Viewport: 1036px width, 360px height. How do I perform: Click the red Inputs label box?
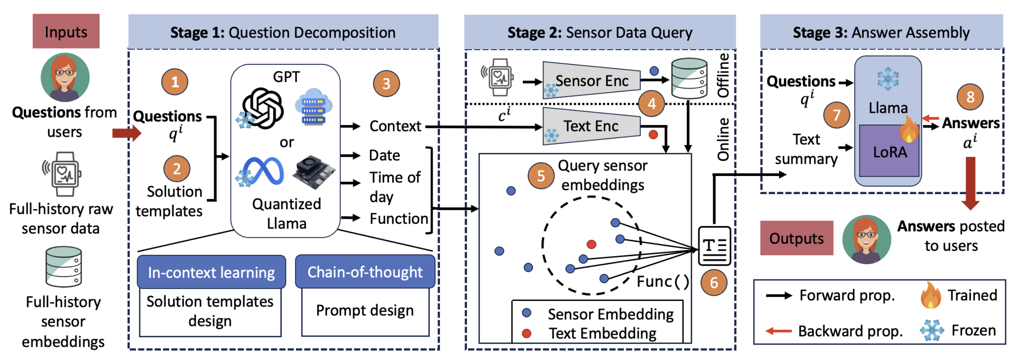click(x=66, y=32)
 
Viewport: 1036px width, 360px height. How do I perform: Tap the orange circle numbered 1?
click(x=174, y=82)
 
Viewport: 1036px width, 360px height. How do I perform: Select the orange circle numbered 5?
click(x=541, y=176)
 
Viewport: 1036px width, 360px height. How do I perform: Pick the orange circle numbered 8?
click(x=970, y=97)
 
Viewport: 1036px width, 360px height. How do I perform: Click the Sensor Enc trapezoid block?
click(x=591, y=81)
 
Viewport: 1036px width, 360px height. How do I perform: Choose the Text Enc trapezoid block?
click(x=591, y=126)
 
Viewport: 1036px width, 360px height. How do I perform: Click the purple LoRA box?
click(x=889, y=152)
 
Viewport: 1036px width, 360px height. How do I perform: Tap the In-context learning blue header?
click(x=211, y=272)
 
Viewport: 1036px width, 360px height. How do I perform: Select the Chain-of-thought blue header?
click(x=365, y=272)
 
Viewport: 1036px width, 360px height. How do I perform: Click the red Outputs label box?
click(x=796, y=238)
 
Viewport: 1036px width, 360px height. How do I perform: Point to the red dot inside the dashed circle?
click(x=591, y=244)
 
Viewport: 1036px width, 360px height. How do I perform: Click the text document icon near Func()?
click(x=714, y=246)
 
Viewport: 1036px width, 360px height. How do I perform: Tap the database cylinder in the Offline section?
click(x=689, y=78)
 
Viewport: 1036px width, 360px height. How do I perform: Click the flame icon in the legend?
click(x=930, y=295)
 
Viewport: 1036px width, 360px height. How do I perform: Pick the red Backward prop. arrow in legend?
click(x=778, y=331)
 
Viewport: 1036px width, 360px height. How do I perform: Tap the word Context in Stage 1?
click(x=395, y=126)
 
